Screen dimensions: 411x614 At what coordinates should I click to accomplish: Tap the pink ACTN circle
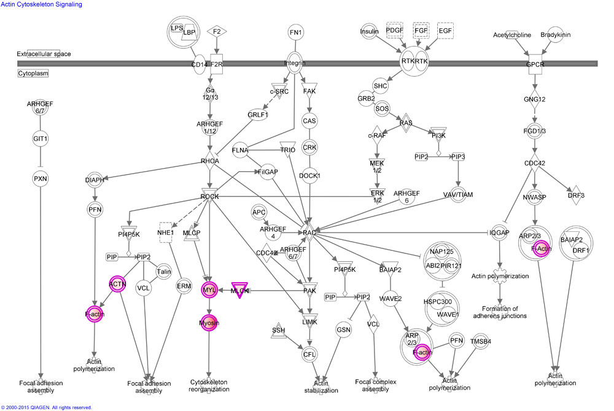coord(117,285)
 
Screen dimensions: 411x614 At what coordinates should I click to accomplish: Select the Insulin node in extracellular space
coord(369,33)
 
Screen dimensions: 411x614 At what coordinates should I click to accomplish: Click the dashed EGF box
coord(446,31)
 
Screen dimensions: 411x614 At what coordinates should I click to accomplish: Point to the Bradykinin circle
coord(555,35)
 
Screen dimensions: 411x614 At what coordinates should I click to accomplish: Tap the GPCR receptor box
coord(536,63)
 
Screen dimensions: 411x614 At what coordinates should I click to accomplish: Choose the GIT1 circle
coord(40,139)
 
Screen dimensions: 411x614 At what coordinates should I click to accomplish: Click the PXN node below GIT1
coord(40,179)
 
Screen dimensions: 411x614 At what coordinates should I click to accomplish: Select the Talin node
coord(163,272)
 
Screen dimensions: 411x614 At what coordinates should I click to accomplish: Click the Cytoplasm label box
coord(33,73)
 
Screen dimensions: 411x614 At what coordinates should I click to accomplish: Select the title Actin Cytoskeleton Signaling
coord(42,4)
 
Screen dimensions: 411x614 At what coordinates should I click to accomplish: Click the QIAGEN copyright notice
coord(47,407)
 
